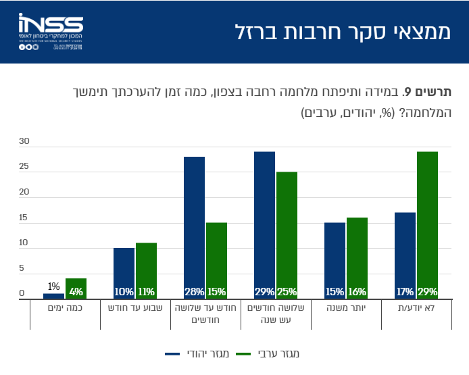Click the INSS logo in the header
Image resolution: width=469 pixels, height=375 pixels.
click(x=51, y=31)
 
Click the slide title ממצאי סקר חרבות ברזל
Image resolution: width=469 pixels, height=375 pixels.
click(x=342, y=32)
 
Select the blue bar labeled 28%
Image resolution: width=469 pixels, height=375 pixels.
click(x=194, y=227)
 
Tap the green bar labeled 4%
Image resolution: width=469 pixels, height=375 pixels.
click(x=76, y=289)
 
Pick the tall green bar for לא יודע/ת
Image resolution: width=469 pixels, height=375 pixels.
click(x=427, y=225)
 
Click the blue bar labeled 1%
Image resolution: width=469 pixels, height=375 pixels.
click(x=53, y=296)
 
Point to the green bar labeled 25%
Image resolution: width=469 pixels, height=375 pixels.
click(x=287, y=235)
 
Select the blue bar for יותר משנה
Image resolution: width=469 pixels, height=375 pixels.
click(x=335, y=260)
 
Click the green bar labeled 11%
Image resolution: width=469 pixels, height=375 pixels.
click(x=146, y=270)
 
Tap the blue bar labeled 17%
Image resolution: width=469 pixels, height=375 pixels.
click(x=405, y=255)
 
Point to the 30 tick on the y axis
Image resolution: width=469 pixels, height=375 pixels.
click(x=24, y=142)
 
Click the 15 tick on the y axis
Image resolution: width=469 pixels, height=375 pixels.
click(x=24, y=218)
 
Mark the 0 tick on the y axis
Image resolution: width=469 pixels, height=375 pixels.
click(x=22, y=294)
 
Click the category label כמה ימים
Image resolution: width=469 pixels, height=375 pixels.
click(x=64, y=307)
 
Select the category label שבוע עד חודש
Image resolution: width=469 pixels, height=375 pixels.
click(x=134, y=307)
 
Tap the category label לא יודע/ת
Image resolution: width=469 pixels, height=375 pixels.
click(x=416, y=307)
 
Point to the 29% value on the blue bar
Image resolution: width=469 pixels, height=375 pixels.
click(x=264, y=292)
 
